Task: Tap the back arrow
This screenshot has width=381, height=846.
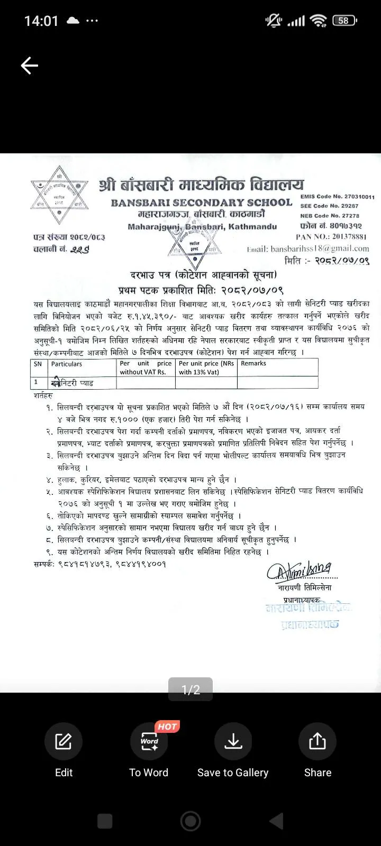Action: pos(30,66)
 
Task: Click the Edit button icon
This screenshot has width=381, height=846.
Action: pos(63,741)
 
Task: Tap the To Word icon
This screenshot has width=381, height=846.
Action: pos(149,741)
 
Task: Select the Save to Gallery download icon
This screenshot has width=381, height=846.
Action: pos(233,741)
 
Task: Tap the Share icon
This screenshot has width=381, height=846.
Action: pos(317,741)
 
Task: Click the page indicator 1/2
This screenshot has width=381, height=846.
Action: pos(190,689)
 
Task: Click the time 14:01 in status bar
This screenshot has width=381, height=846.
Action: pos(41,21)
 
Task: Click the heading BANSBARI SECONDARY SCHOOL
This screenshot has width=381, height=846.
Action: pos(202,203)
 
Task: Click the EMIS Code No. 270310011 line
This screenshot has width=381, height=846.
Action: pos(337,197)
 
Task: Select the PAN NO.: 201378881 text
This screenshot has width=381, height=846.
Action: pos(331,237)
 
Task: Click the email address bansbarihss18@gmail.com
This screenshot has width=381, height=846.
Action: pos(308,249)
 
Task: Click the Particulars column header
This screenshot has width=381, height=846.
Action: pos(67,364)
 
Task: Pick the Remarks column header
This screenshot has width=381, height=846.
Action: pos(253,363)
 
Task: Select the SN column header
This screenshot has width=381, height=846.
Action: pos(38,364)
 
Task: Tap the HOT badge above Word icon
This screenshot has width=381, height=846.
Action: pos(167,727)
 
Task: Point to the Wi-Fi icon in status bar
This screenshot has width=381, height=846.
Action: pos(319,21)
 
